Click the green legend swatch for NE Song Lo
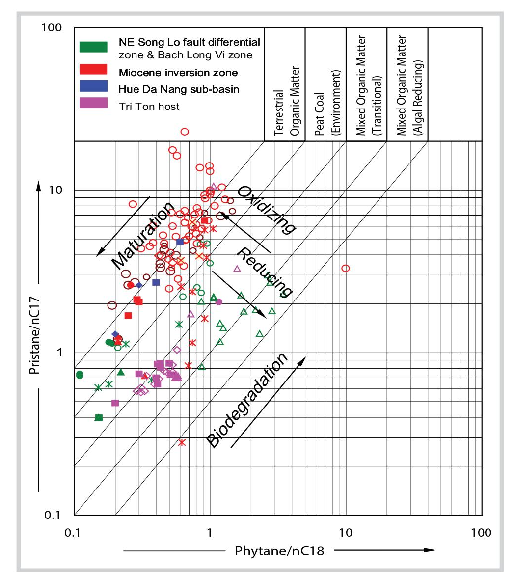93,46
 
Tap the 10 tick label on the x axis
346,532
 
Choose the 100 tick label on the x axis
481,532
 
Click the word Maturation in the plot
142,236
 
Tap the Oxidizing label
267,209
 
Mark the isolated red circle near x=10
346,268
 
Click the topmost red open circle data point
185,132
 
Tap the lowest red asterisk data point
182,442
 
